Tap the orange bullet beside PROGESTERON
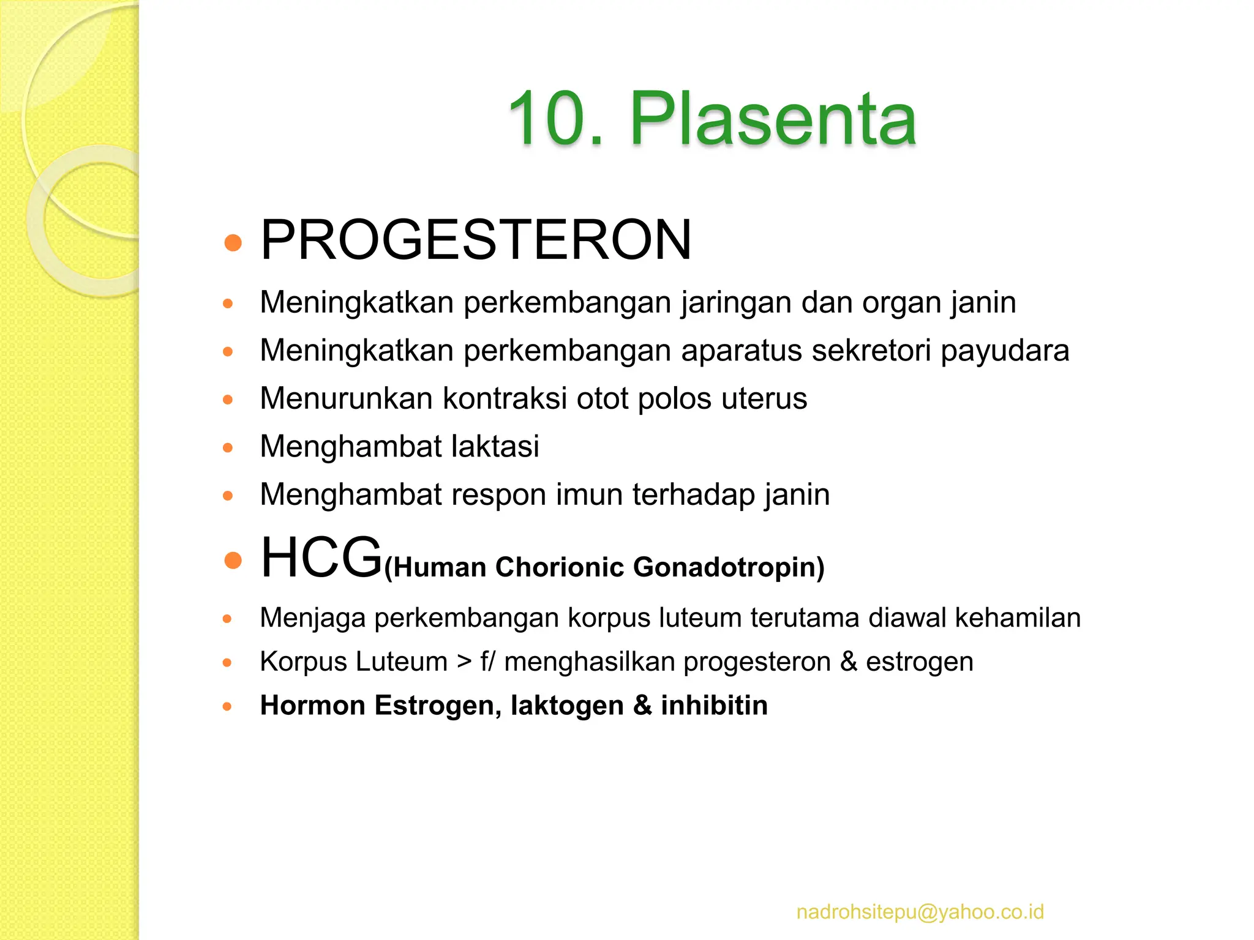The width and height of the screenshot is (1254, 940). click(233, 243)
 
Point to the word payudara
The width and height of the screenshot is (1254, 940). click(1005, 351)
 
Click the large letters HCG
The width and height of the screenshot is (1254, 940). click(321, 558)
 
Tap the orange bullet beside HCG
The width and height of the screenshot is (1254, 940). click(233, 559)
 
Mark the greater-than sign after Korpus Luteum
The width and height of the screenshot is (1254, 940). click(464, 662)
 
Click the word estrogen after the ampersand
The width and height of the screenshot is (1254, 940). click(919, 662)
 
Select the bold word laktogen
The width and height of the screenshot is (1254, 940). click(567, 705)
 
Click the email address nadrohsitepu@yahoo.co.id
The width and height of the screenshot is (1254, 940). click(920, 912)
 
